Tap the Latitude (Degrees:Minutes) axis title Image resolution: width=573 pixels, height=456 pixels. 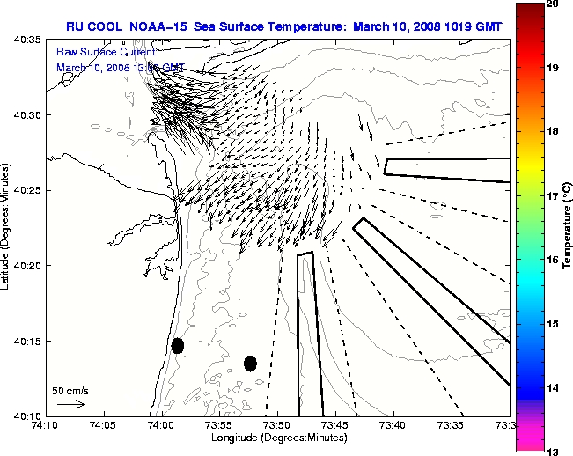point(8,226)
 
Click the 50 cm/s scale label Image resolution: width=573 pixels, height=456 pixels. point(70,390)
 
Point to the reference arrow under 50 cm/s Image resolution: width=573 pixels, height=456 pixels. point(70,404)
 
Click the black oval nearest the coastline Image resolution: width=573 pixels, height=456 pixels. point(178,345)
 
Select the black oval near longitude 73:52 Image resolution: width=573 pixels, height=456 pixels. point(250,363)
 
